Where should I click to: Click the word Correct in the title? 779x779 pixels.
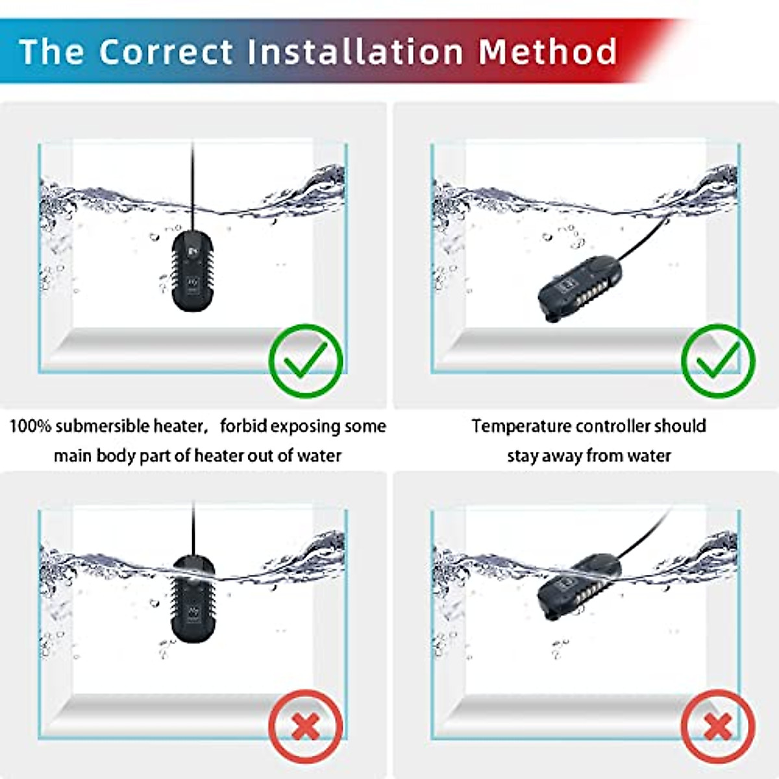pyautogui.click(x=166, y=51)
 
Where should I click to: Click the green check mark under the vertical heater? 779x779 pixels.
pyautogui.click(x=306, y=361)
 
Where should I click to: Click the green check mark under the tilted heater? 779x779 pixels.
pyautogui.click(x=718, y=361)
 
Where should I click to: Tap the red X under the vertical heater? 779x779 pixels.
pyautogui.click(x=306, y=726)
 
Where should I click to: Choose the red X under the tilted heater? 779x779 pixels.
pyautogui.click(x=718, y=726)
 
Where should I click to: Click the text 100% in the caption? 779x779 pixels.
pyautogui.click(x=31, y=427)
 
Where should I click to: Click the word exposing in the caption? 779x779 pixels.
pyautogui.click(x=303, y=427)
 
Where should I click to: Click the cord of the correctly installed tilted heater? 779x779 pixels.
pyautogui.click(x=643, y=240)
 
